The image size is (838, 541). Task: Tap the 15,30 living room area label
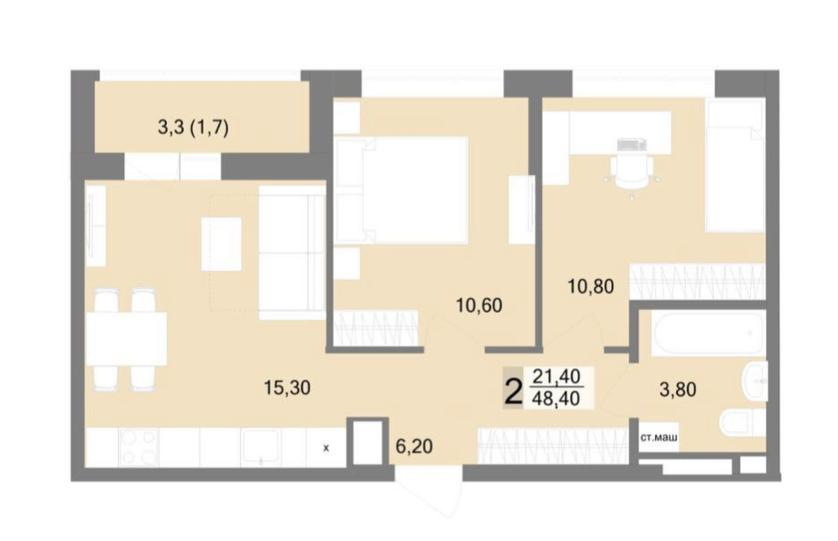(287, 388)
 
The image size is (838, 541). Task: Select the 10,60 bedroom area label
(479, 305)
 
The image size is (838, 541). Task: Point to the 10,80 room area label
(591, 287)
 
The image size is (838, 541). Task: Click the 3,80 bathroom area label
(678, 390)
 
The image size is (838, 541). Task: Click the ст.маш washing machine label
(659, 438)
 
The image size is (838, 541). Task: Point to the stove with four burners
(139, 447)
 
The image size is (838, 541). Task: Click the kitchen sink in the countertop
(260, 447)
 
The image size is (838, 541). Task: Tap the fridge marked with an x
(326, 448)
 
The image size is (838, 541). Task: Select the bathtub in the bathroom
(708, 334)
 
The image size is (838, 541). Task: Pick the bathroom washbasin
(754, 380)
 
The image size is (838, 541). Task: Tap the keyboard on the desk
(632, 144)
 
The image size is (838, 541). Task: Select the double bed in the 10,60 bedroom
(401, 190)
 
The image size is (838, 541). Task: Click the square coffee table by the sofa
(221, 244)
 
